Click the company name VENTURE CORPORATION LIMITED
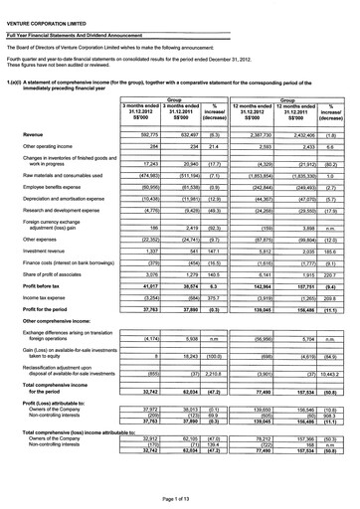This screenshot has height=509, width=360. click(x=46, y=7)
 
